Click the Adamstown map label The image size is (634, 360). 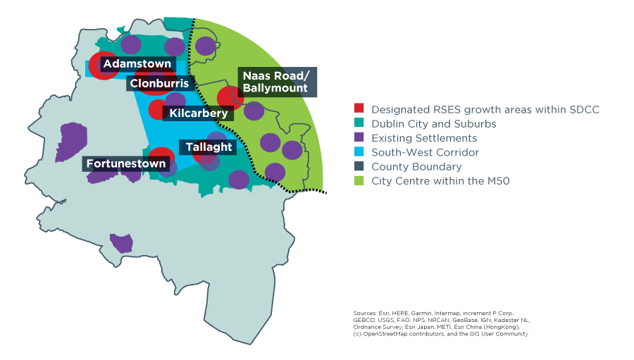137,64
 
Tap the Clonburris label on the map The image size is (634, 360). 159,84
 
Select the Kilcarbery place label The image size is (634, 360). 199,113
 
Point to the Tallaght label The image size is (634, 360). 209,147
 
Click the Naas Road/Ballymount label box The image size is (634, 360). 275,82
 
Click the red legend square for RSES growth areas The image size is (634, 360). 359,109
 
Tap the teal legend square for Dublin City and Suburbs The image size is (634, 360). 359,123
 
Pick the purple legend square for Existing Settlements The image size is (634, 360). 359,138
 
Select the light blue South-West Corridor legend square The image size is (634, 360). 359,152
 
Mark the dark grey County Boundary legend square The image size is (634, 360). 359,167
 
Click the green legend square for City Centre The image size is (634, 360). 359,181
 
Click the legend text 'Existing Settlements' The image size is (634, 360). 424,138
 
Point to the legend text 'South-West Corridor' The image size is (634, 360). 425,152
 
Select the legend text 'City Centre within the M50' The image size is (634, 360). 440,181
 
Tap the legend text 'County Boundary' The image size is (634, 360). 416,167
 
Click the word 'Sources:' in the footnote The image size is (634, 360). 364,312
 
